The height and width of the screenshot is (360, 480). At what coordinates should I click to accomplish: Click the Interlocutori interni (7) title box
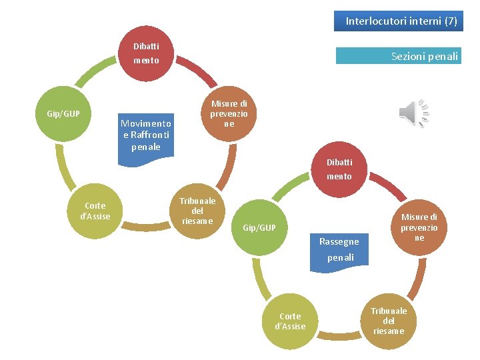401,21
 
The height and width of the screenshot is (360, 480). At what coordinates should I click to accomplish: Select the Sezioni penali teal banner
398,56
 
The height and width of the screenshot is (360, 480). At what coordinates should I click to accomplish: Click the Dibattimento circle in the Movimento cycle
146,53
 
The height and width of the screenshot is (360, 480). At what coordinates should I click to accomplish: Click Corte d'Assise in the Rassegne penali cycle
291,321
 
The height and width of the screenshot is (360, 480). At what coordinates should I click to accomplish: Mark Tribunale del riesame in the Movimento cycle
197,211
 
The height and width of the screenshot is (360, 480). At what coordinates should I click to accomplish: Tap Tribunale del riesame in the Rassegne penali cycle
389,321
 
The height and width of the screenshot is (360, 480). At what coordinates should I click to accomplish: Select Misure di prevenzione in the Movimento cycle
229,113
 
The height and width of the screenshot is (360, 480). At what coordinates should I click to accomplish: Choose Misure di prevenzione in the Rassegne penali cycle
419,227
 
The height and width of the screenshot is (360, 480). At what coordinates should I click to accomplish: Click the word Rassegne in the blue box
339,241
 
